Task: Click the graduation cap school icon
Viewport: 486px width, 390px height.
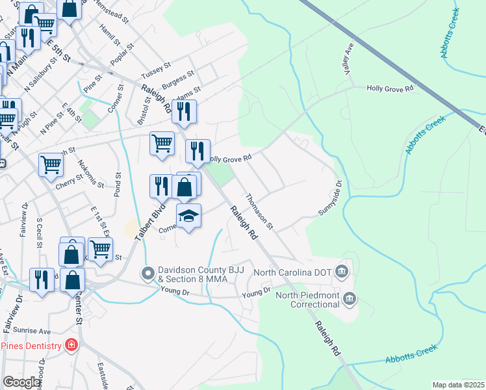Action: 189,216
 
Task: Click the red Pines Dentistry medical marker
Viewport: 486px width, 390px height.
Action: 71,345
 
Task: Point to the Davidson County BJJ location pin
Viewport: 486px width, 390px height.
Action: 147,273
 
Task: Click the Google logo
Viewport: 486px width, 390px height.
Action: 21,382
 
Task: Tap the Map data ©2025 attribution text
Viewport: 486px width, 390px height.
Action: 458,385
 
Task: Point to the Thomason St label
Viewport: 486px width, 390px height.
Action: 259,211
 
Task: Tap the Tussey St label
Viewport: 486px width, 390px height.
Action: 157,67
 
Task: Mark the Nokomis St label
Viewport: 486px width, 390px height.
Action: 90,174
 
